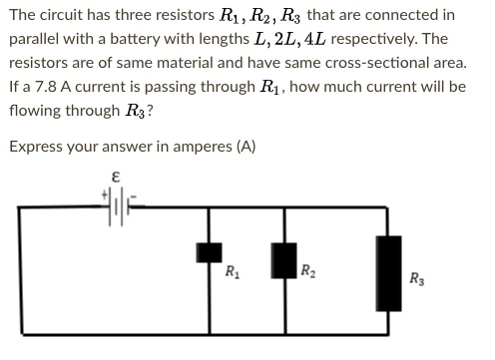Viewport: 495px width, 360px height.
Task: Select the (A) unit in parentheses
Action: pos(246,147)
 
